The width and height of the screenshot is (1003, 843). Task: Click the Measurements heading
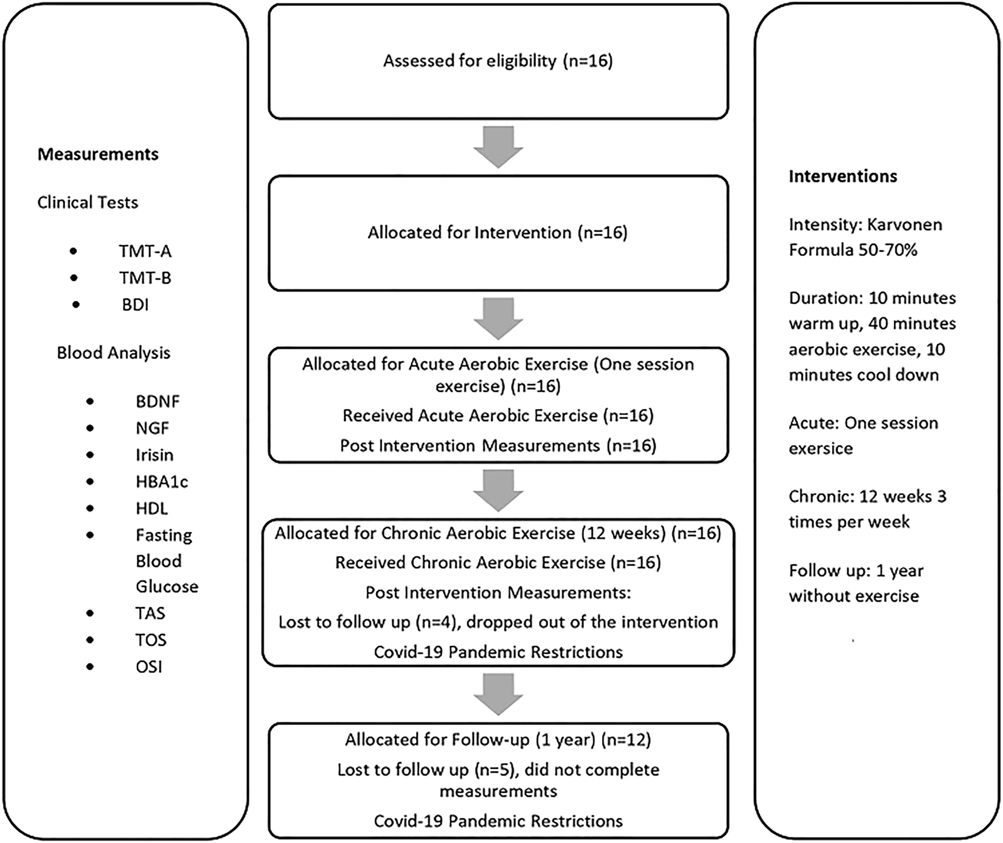(x=98, y=154)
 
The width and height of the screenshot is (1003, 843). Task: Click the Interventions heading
(x=842, y=176)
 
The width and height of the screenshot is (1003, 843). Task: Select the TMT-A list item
(x=145, y=251)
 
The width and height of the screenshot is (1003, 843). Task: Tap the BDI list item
(x=135, y=305)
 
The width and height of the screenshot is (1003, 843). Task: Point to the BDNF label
(x=158, y=401)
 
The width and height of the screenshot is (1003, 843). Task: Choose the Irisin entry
(x=154, y=455)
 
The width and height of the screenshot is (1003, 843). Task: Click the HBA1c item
(x=162, y=481)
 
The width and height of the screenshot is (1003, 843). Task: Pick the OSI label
(x=149, y=667)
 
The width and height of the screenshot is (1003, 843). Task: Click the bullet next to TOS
(x=90, y=639)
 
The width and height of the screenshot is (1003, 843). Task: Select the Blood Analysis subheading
(x=113, y=353)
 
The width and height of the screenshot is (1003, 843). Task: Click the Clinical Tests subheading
(x=88, y=202)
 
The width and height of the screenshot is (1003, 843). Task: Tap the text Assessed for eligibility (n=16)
(x=498, y=61)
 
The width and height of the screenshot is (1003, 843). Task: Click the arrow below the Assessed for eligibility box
(x=498, y=147)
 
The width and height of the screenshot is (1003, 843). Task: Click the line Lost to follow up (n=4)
(x=498, y=622)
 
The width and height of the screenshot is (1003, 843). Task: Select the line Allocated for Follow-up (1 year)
(x=498, y=739)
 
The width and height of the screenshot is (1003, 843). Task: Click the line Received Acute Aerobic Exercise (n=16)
(x=498, y=416)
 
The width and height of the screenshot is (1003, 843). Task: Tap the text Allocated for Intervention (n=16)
(x=497, y=233)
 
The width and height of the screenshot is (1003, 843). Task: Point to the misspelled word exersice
(x=821, y=449)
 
